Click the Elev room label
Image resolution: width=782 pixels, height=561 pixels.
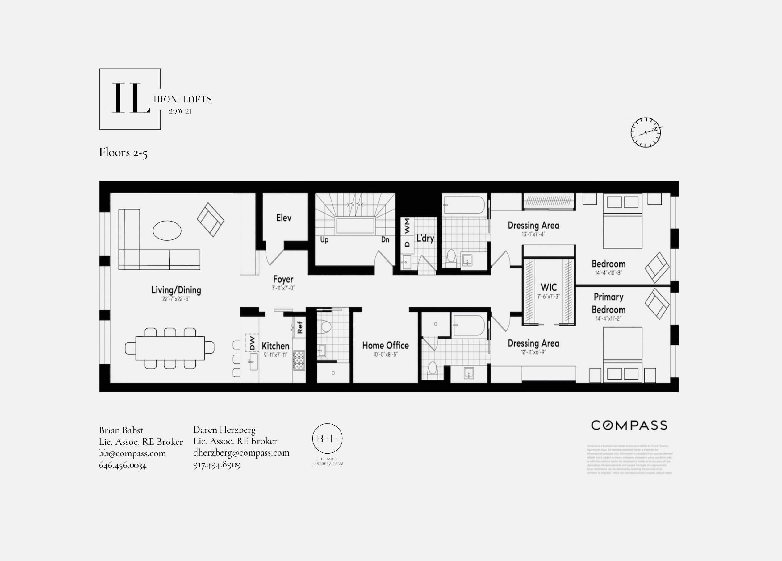click(284, 218)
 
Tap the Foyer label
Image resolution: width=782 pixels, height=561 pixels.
click(283, 279)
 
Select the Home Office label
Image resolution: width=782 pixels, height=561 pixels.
click(385, 345)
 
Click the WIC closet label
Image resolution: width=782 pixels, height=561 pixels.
click(548, 287)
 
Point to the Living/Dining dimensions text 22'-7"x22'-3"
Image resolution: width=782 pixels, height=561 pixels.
click(176, 299)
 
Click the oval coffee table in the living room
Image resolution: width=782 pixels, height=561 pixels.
click(167, 231)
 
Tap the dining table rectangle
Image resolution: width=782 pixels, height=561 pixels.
click(169, 348)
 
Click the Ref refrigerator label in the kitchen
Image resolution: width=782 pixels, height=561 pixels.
click(300, 327)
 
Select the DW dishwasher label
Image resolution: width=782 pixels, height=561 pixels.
click(252, 343)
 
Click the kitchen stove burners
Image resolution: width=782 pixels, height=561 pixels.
click(299, 360)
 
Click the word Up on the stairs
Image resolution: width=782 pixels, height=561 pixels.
click(324, 239)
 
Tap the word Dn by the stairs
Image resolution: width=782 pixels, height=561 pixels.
click(385, 239)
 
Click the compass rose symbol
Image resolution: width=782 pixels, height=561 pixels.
click(646, 132)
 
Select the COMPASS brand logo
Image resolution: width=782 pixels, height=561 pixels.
click(629, 425)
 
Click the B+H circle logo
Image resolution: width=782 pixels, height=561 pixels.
click(327, 439)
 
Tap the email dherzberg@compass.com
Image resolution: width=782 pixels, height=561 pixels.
click(241, 453)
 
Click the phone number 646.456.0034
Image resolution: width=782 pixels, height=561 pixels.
click(123, 465)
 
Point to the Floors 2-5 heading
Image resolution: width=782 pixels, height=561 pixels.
click(123, 152)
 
